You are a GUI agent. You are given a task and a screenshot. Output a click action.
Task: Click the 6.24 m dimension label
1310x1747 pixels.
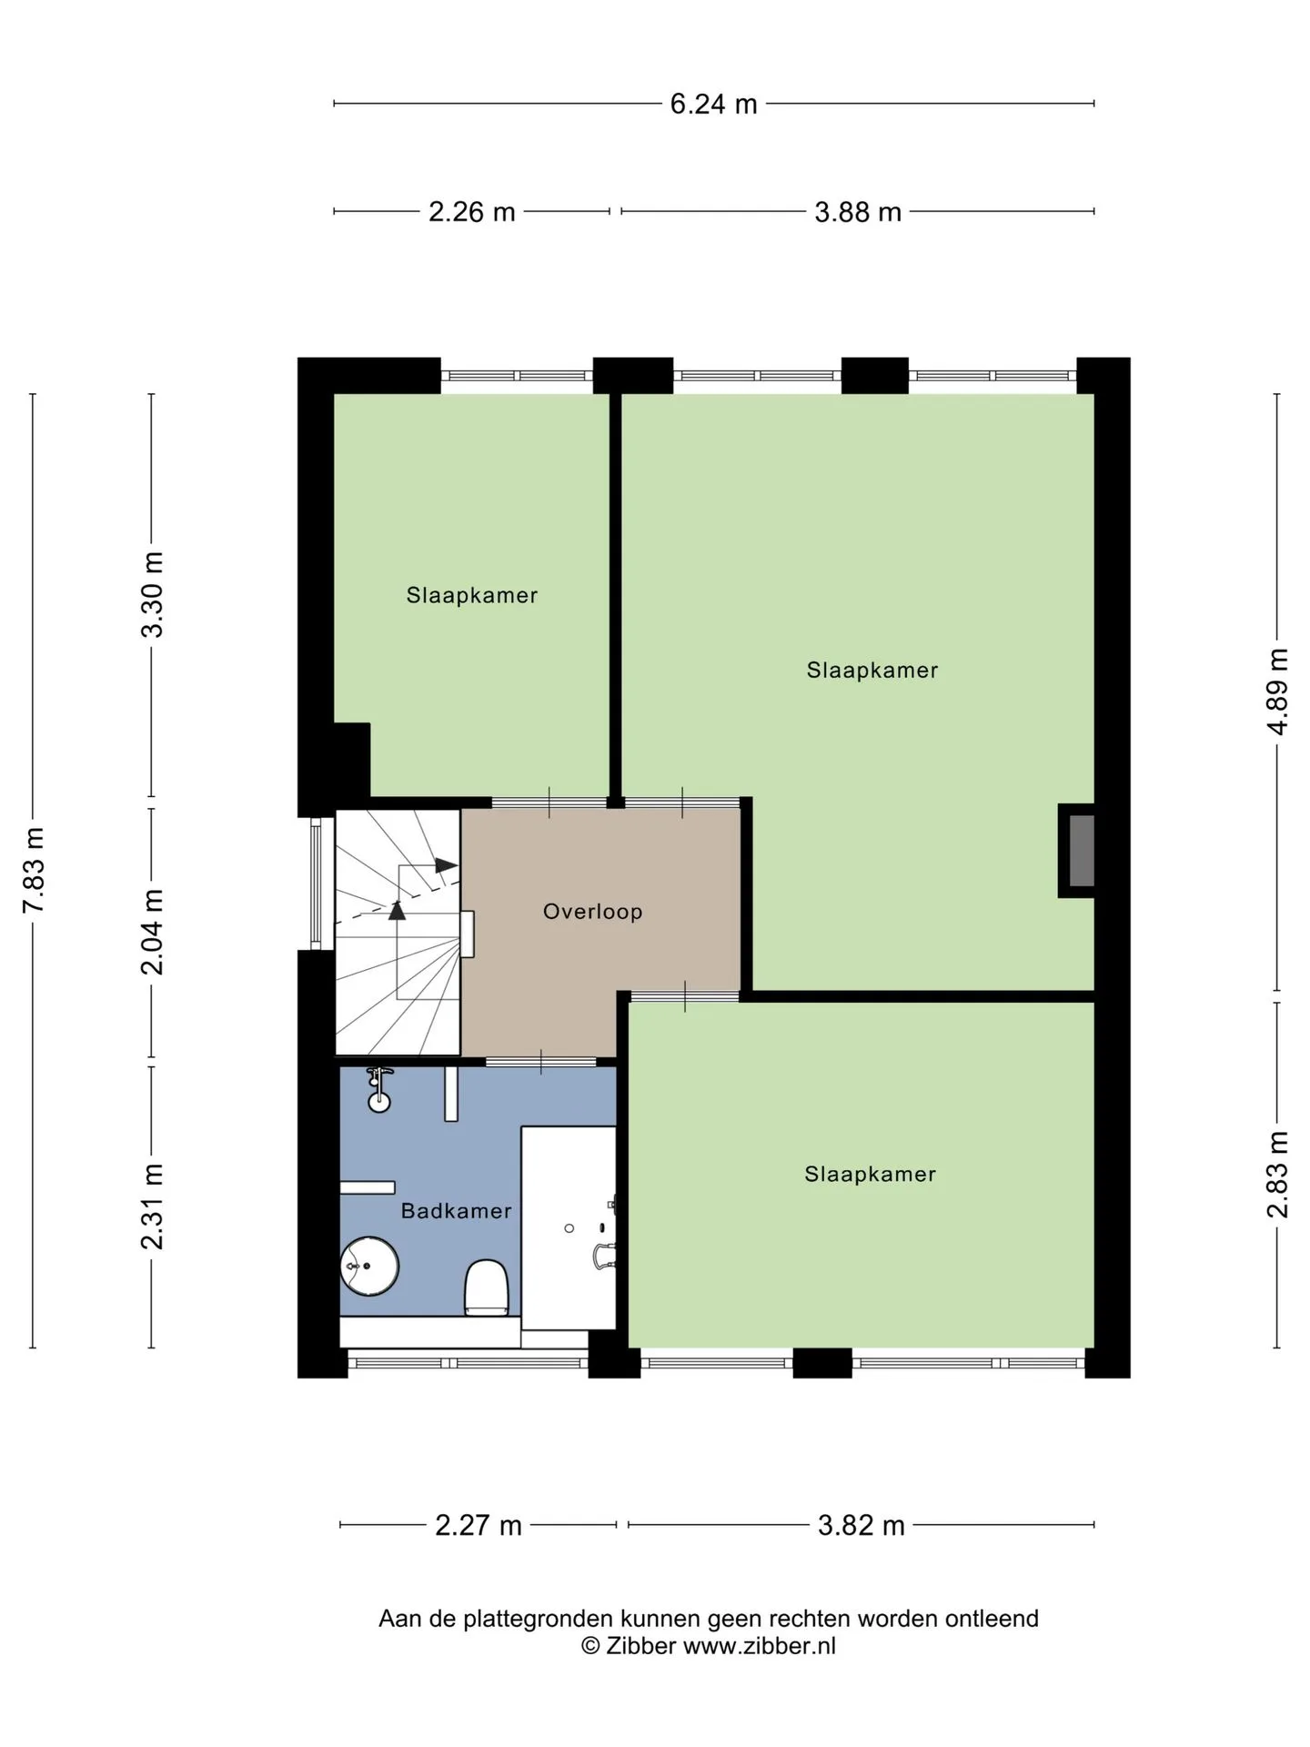click(713, 104)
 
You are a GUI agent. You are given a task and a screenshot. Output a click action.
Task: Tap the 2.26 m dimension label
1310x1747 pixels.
click(472, 212)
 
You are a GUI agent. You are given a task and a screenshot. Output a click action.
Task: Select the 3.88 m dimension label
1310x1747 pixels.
click(858, 212)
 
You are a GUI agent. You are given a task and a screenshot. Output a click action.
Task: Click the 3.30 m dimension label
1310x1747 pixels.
click(152, 595)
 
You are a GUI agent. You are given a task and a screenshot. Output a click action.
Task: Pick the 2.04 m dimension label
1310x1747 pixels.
click(152, 932)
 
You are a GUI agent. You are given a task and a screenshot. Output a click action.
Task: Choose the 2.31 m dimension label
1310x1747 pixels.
click(152, 1207)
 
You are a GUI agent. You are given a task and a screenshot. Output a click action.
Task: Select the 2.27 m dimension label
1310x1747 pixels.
click(479, 1525)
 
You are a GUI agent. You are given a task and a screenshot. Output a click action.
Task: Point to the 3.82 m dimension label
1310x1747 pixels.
click(862, 1525)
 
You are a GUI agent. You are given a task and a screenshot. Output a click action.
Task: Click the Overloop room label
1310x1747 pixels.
click(593, 912)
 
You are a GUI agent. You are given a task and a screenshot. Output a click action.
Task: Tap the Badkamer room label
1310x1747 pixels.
click(457, 1211)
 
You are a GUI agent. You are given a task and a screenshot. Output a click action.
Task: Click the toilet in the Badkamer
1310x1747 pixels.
click(487, 1288)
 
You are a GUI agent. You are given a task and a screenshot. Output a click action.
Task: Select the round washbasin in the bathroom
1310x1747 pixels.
click(369, 1266)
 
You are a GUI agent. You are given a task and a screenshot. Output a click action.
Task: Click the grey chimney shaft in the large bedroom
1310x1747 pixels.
click(1081, 851)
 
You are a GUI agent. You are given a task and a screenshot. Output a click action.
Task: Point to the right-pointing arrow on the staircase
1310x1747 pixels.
click(446, 865)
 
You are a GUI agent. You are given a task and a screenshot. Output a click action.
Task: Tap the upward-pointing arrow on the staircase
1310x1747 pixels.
click(398, 910)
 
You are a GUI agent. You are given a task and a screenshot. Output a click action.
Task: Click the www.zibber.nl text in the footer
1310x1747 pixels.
click(760, 1646)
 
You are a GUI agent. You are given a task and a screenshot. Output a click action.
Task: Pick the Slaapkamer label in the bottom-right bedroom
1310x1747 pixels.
click(871, 1174)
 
